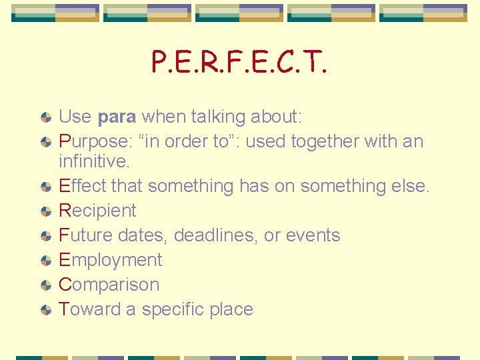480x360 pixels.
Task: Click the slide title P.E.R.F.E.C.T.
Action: (239, 63)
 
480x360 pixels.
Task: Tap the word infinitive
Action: (94, 161)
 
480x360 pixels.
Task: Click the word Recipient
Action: (97, 211)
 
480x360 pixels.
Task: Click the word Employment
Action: (111, 260)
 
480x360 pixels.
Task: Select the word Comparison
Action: (109, 285)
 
